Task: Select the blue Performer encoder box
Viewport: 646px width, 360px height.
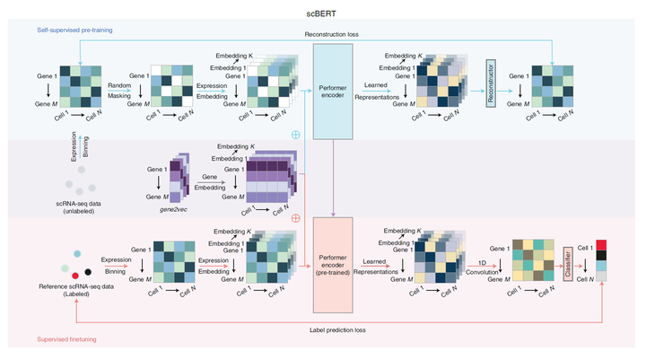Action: click(334, 90)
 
